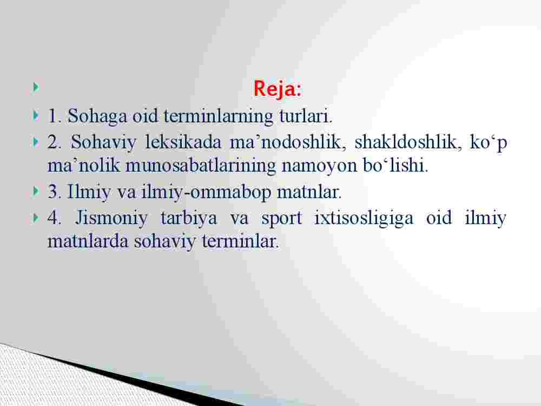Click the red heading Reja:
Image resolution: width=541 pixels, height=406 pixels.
click(277, 88)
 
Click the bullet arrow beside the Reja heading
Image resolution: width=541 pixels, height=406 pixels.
click(36, 87)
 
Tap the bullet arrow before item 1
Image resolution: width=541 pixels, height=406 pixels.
click(36, 115)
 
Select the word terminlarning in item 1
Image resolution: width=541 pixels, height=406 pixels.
click(219, 116)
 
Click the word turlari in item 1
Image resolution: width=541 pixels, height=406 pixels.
click(305, 116)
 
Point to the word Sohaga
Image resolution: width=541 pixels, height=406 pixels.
click(97, 116)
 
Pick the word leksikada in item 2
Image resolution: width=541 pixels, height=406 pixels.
click(183, 142)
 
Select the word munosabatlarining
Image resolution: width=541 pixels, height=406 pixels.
click(201, 166)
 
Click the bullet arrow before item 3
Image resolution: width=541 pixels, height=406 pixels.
click(36, 191)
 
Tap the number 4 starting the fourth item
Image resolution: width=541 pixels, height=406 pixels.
click(53, 218)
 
